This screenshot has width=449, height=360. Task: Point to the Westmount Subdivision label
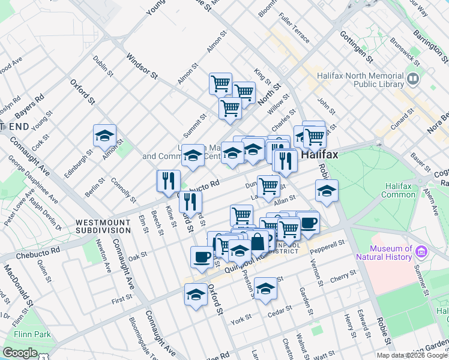(103, 226)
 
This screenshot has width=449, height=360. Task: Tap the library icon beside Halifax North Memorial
(413, 79)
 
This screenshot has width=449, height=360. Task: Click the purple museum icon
(421, 251)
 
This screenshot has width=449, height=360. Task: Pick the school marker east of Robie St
(326, 191)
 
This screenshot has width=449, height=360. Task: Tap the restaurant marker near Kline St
(169, 180)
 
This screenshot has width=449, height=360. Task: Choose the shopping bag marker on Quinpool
(258, 242)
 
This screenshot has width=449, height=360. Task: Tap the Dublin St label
(103, 65)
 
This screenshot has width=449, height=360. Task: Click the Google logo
(20, 353)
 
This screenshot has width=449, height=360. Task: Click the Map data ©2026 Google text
(412, 355)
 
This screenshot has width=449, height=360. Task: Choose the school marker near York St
(265, 288)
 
